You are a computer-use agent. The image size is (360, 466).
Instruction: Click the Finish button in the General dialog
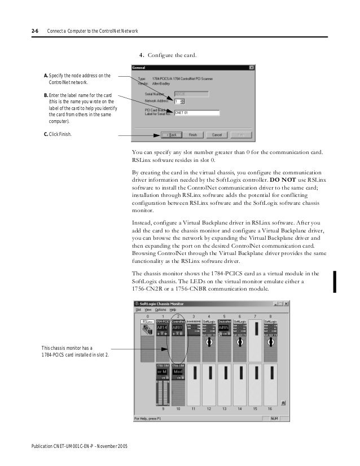(192, 135)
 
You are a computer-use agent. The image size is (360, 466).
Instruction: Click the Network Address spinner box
(179, 102)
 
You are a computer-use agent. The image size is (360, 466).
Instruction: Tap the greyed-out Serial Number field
(191, 94)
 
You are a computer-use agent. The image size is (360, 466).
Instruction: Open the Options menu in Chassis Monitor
(161, 310)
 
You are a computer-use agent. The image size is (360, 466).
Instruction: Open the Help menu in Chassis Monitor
(173, 310)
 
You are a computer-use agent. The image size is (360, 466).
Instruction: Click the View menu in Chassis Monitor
(148, 310)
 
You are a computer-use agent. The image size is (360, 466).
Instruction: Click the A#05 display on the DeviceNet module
(224, 327)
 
